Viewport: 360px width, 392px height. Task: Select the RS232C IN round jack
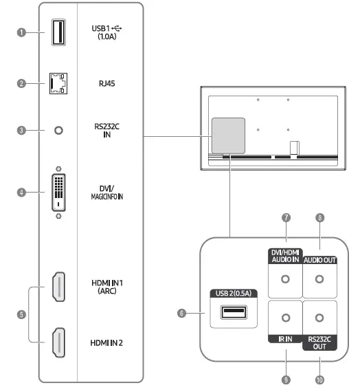pyautogui.click(x=58, y=130)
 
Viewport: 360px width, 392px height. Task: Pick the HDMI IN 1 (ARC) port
pyautogui.click(x=58, y=287)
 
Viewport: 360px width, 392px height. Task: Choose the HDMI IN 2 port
pyautogui.click(x=58, y=342)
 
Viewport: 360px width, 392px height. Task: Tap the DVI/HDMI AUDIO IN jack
pyautogui.click(x=285, y=279)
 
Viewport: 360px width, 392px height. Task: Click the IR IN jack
pyautogui.click(x=285, y=318)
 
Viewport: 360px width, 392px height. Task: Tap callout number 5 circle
pyautogui.click(x=22, y=314)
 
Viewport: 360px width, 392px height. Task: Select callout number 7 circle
pyautogui.click(x=285, y=218)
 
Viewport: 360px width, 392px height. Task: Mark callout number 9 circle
pyautogui.click(x=285, y=378)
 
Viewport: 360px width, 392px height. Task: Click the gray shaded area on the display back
pyautogui.click(x=227, y=134)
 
